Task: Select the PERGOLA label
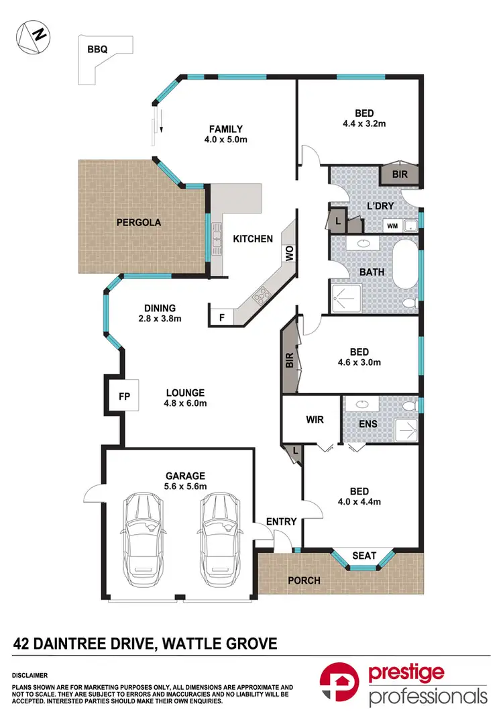point(138,221)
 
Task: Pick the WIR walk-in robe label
point(315,420)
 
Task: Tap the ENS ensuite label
point(368,423)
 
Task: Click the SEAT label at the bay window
point(364,556)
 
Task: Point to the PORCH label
point(304,580)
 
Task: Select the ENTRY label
point(281,521)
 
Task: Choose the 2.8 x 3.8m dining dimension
point(160,319)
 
